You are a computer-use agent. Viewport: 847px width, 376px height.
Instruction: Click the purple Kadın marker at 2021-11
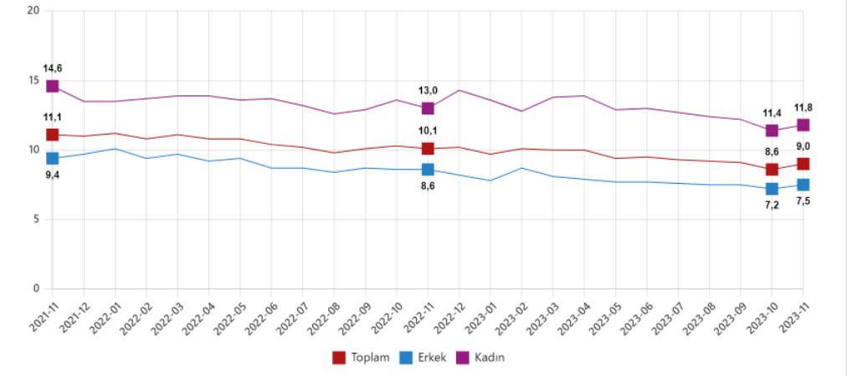pos(53,86)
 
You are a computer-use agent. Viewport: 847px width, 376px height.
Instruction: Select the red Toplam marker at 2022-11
pos(428,149)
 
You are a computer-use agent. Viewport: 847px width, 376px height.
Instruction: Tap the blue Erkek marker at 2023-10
pos(772,189)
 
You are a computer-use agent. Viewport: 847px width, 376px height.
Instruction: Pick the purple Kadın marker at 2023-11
pos(803,124)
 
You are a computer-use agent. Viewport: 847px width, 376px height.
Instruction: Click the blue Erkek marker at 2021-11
pos(53,158)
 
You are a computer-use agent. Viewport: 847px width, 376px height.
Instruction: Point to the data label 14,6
pos(53,69)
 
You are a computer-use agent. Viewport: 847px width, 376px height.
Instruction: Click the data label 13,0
pos(428,90)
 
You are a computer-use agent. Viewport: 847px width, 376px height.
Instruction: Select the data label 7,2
pos(772,205)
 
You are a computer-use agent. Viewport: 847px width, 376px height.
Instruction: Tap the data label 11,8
pos(803,108)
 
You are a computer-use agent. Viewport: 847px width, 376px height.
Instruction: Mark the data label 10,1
pos(428,131)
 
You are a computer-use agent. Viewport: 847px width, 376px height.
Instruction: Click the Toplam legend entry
pos(362,358)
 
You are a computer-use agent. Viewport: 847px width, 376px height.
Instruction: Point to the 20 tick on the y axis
pos(33,11)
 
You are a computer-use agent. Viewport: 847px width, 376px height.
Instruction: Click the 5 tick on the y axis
pos(36,220)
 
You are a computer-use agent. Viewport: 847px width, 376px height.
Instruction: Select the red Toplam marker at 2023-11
pos(803,164)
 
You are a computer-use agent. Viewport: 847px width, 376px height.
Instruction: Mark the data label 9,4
pos(53,175)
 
